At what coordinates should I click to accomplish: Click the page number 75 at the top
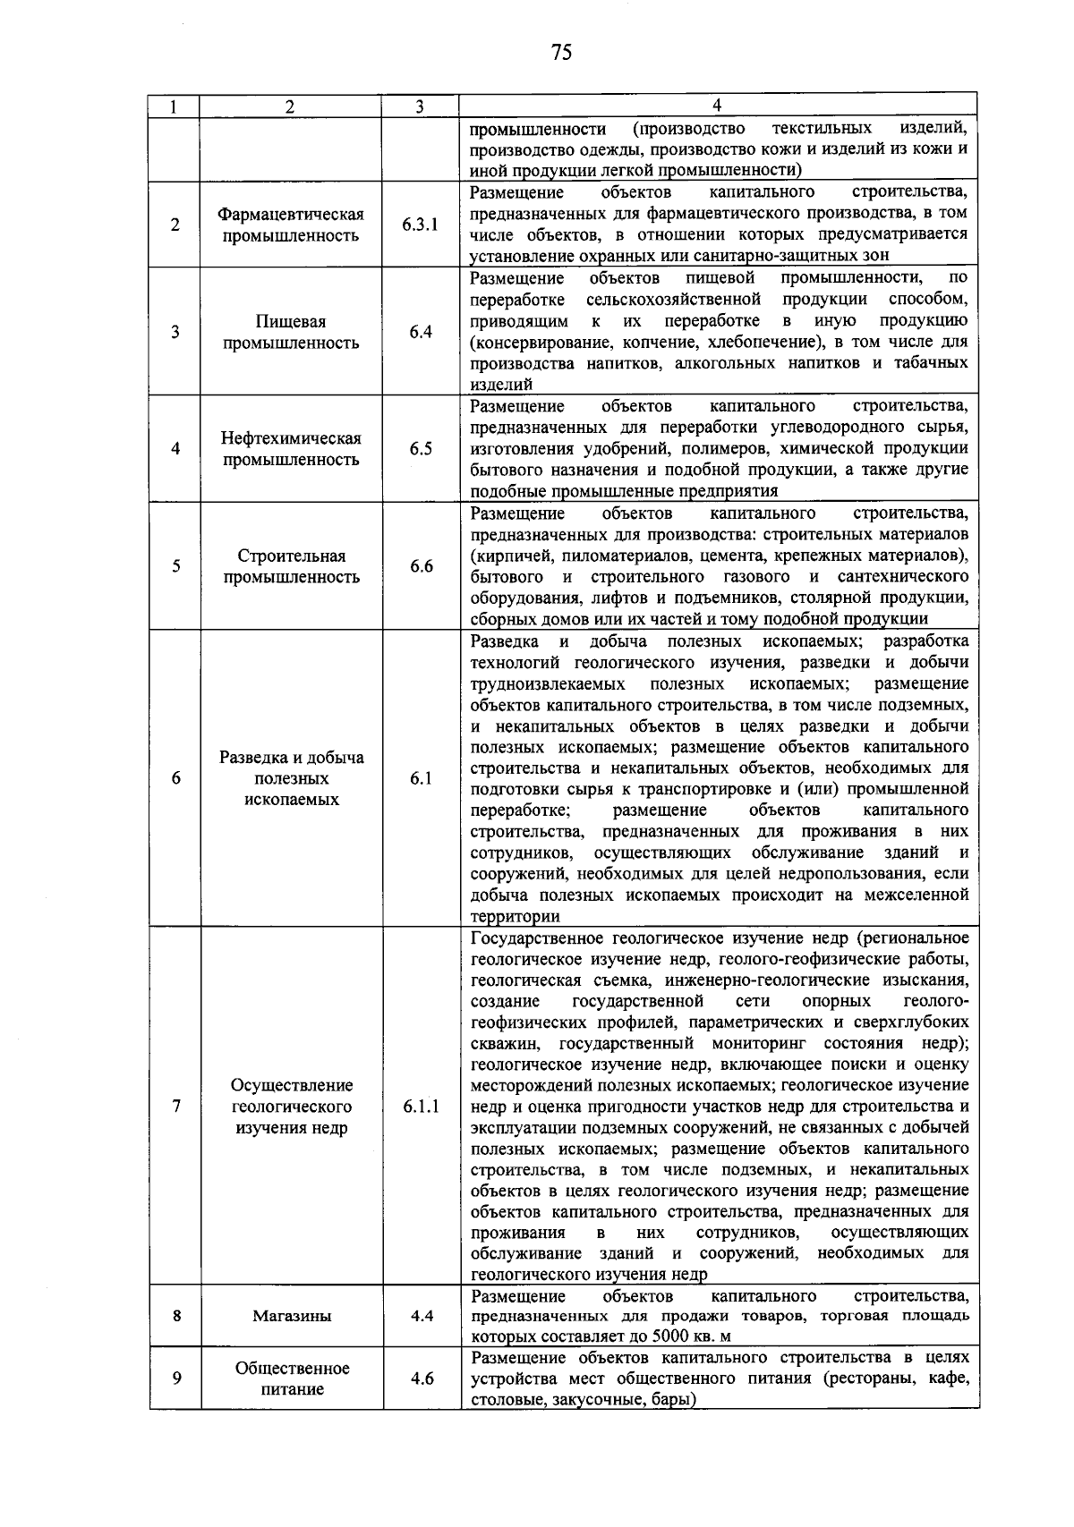pos(561,52)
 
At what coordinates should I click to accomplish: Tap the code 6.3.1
pos(421,225)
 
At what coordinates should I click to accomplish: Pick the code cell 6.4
pos(421,332)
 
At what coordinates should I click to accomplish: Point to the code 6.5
pos(421,449)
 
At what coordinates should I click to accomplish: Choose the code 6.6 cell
pos(421,566)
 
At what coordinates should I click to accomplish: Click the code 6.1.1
pos(421,1107)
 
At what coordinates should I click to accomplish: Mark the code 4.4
pos(421,1316)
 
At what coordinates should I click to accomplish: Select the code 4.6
pos(421,1379)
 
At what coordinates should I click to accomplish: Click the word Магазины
pos(292,1316)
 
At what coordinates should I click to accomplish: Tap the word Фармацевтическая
pos(292,214)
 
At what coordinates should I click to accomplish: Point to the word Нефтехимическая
pos(292,438)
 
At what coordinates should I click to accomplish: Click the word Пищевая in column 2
pos(292,321)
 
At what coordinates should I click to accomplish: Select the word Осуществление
pos(292,1085)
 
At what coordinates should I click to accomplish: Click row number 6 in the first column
pos(176,778)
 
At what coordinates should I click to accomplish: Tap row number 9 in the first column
pos(176,1379)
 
